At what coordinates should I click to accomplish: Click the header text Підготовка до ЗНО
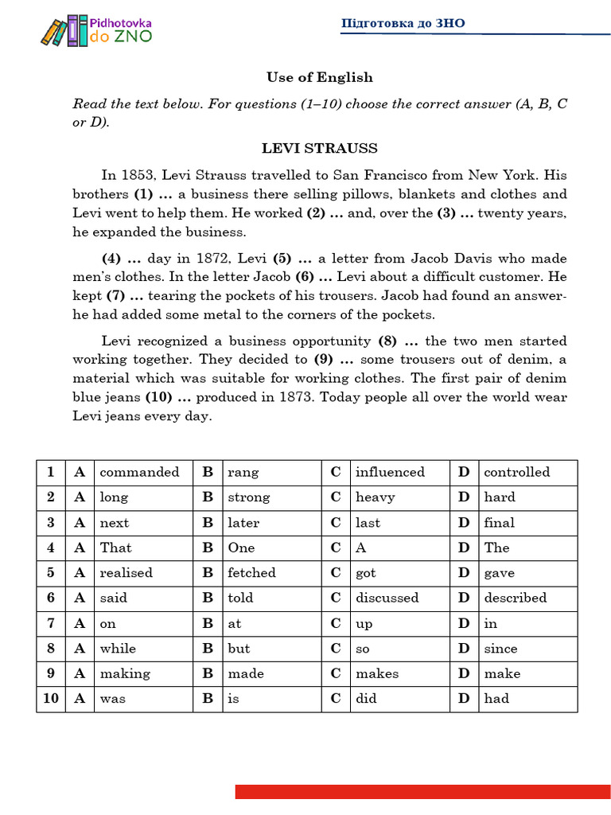click(403, 23)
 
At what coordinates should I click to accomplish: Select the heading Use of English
click(319, 77)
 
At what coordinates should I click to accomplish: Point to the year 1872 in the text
click(200, 259)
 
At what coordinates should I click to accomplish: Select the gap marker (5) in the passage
click(282, 259)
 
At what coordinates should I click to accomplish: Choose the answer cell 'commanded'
click(140, 472)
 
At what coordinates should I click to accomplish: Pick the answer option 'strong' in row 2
click(249, 497)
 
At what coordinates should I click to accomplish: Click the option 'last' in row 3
click(368, 523)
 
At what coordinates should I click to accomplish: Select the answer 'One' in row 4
click(241, 548)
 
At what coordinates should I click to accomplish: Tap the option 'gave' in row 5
click(499, 573)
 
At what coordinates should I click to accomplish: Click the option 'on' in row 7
click(107, 624)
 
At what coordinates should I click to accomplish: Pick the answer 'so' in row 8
click(362, 649)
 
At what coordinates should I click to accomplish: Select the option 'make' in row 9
click(502, 674)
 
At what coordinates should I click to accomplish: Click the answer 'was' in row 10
click(112, 699)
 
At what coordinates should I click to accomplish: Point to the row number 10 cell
click(51, 699)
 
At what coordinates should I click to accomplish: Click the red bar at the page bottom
click(422, 791)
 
